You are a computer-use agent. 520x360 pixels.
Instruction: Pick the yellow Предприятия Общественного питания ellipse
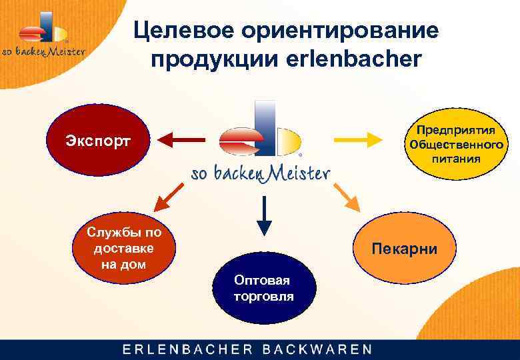click(456, 143)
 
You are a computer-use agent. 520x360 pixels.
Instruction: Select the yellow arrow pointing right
click(357, 140)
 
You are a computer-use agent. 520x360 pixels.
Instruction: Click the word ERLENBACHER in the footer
click(186, 349)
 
